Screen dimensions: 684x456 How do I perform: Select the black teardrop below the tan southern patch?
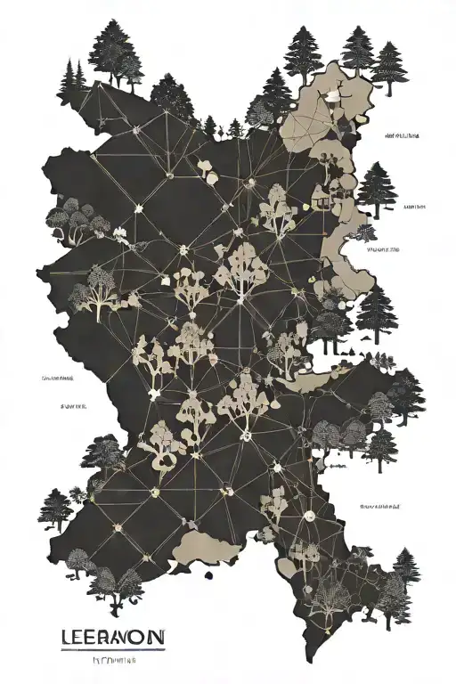(208, 574)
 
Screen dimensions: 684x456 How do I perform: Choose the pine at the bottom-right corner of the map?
(405, 570)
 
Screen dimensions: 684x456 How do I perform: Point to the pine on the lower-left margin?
(53, 508)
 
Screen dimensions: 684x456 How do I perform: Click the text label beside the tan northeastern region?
(403, 136)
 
